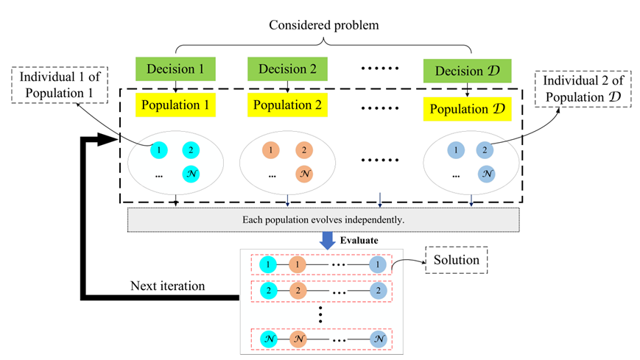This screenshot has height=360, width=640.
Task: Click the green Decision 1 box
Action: pyautogui.click(x=176, y=70)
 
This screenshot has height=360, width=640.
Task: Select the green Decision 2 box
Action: pyautogui.click(x=287, y=70)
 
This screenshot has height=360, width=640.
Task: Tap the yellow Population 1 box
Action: pyautogui.click(x=176, y=105)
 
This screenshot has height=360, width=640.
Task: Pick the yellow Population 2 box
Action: pyautogui.click(x=287, y=105)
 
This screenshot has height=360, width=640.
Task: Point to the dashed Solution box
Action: pyautogui.click(x=457, y=260)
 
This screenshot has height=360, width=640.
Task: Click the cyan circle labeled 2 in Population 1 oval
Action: pyautogui.click(x=191, y=150)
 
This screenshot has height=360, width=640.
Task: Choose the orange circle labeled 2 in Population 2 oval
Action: pyautogui.click(x=303, y=150)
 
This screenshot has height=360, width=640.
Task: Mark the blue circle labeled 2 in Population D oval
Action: pyautogui.click(x=485, y=150)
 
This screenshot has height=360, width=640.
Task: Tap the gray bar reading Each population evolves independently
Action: pyautogui.click(x=323, y=219)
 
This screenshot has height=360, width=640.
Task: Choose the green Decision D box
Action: pyautogui.click(x=467, y=71)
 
